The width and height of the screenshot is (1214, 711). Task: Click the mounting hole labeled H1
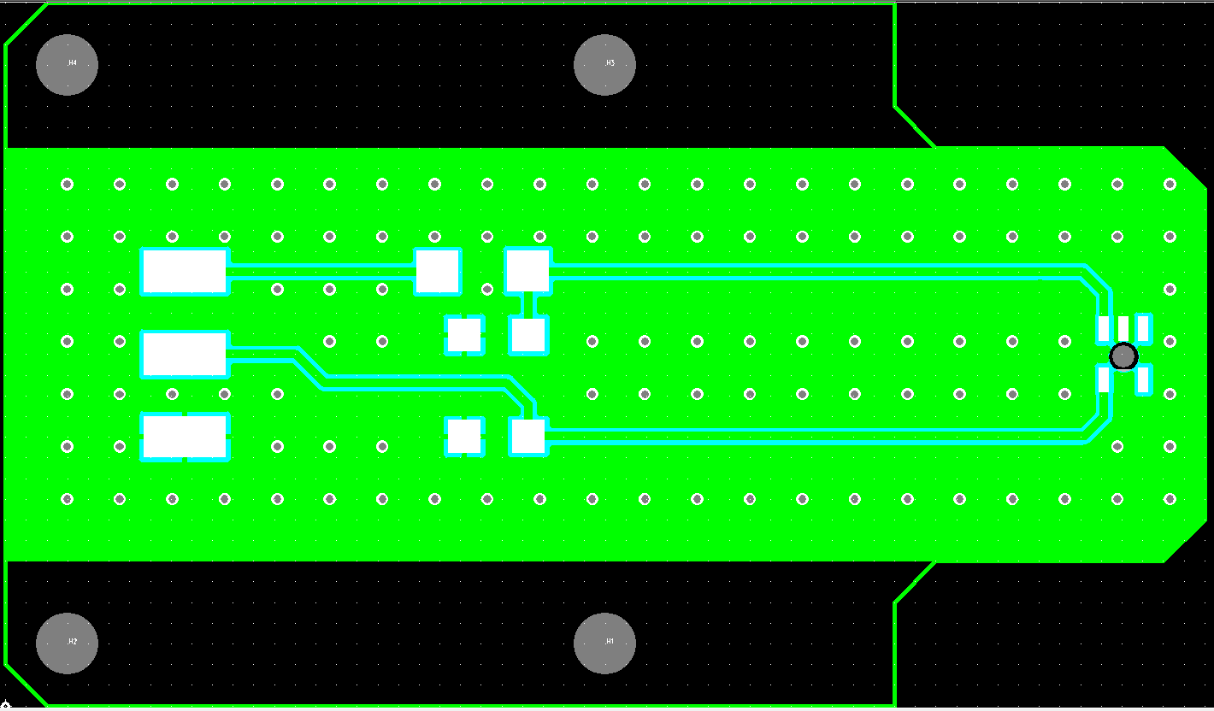pyautogui.click(x=604, y=643)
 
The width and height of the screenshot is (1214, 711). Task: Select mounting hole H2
pyautogui.click(x=67, y=643)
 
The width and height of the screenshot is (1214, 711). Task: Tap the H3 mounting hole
pyautogui.click(x=604, y=64)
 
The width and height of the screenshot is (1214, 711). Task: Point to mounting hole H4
pyautogui.click(x=67, y=64)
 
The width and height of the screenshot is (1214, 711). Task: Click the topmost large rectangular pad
pyautogui.click(x=185, y=272)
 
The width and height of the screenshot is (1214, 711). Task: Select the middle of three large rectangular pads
pyautogui.click(x=185, y=354)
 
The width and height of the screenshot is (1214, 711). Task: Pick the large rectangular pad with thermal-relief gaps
pyautogui.click(x=185, y=437)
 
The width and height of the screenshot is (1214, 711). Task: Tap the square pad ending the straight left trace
pyautogui.click(x=438, y=272)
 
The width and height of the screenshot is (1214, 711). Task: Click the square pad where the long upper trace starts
pyautogui.click(x=527, y=270)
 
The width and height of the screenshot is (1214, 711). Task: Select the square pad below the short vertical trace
pyautogui.click(x=527, y=335)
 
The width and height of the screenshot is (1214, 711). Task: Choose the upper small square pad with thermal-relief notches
pyautogui.click(x=464, y=335)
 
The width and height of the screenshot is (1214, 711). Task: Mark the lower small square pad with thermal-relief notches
pyautogui.click(x=464, y=436)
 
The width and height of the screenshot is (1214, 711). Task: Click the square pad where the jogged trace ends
pyautogui.click(x=527, y=436)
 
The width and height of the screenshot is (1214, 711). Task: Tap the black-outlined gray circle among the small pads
pyautogui.click(x=1123, y=355)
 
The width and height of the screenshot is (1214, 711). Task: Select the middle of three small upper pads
pyautogui.click(x=1123, y=326)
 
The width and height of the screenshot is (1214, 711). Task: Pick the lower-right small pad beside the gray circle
pyautogui.click(x=1143, y=379)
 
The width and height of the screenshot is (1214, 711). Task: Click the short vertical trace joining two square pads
pyautogui.click(x=527, y=304)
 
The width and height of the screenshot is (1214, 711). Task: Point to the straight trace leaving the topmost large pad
pyautogui.click(x=321, y=272)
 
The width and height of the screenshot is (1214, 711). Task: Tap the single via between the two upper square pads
pyautogui.click(x=487, y=289)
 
